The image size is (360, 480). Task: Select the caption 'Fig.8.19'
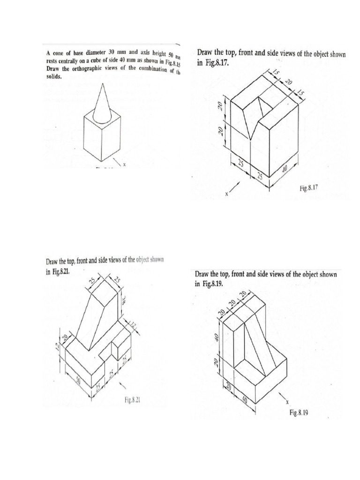pyautogui.click(x=300, y=413)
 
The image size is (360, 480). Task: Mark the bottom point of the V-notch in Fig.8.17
pyautogui.click(x=252, y=140)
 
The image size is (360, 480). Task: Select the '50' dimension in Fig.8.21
pyautogui.click(x=78, y=382)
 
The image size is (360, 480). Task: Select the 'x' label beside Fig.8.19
pyautogui.click(x=286, y=401)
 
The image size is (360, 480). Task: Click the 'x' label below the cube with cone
pyautogui.click(x=124, y=165)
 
